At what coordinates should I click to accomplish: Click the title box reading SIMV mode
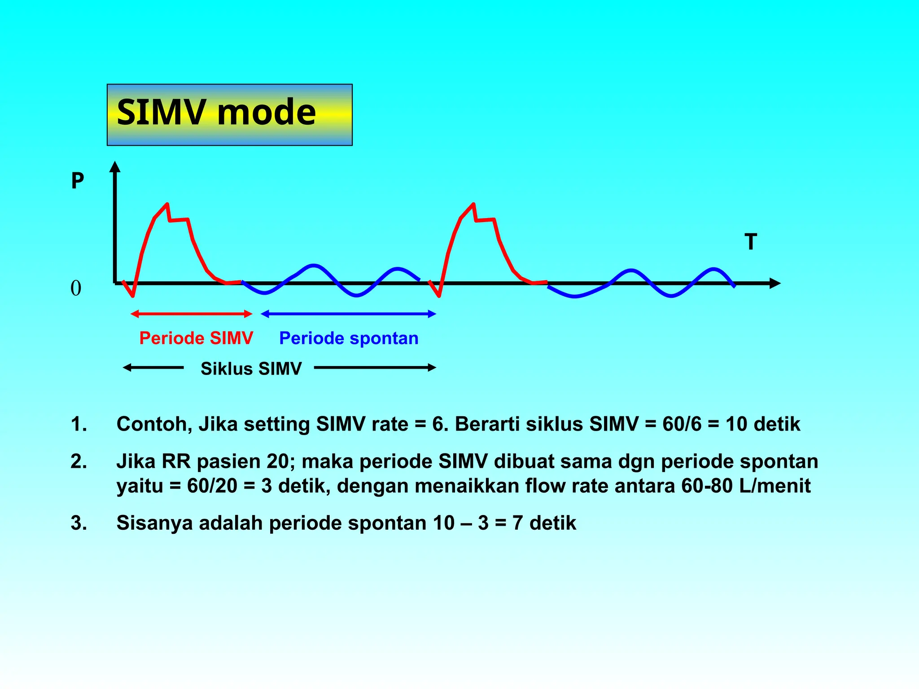229,114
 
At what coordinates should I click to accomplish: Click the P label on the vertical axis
78,181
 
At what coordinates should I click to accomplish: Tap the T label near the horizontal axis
751,242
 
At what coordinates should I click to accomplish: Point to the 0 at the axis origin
76,288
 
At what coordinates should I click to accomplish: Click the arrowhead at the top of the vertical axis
115,167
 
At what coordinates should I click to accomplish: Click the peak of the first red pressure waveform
167,205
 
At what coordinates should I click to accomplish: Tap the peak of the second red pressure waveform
473,205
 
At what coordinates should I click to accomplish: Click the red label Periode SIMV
196,338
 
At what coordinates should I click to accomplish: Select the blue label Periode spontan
349,338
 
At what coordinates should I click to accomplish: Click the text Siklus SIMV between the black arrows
251,369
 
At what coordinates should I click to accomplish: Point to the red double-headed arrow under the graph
192,314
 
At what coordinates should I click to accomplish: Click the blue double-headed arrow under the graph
348,314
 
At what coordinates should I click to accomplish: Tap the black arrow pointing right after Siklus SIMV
375,368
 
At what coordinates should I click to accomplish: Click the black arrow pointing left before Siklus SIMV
153,368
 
